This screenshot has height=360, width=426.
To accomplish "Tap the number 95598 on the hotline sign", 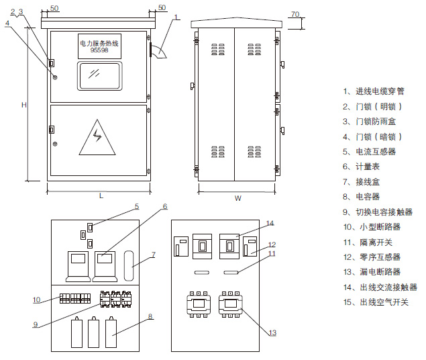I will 99,50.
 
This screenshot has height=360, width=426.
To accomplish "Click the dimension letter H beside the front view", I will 23,105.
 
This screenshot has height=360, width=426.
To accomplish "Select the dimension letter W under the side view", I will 237,198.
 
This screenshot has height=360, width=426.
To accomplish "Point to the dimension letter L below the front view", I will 101,196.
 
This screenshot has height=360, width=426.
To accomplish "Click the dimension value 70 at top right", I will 296,14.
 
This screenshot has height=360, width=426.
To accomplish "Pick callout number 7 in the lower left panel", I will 153,255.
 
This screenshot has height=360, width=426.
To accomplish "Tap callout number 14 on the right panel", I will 270,223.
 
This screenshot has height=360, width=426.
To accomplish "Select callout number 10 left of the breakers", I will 37,299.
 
